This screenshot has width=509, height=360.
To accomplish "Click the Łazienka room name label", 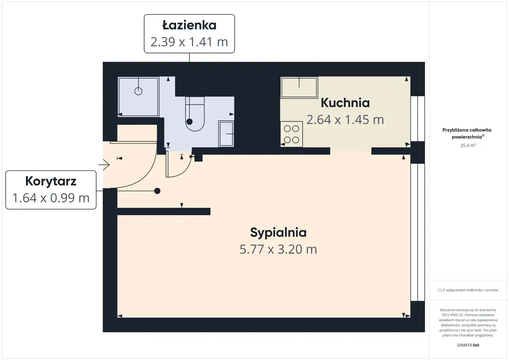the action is (189, 25).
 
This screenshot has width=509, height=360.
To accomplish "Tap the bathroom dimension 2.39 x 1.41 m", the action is (189, 42).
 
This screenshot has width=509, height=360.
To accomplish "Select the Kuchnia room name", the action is (345, 103).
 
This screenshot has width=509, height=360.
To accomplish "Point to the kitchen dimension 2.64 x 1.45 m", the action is (345, 120).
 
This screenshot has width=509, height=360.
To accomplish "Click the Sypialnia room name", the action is (278, 232).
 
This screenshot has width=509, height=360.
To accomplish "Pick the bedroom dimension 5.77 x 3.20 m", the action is (278, 249).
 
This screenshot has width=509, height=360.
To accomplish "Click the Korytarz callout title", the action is (51, 181).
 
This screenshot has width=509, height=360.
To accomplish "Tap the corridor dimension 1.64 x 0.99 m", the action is (51, 198).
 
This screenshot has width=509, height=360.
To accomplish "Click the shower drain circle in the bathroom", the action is (138, 91).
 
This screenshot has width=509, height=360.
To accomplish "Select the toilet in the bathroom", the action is (195, 114).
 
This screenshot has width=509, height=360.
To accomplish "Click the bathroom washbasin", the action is (226, 134).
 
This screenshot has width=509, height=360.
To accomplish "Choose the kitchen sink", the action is (299, 87).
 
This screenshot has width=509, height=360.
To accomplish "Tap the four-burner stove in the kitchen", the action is (291, 134).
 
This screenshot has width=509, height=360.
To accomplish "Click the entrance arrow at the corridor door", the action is (104, 165).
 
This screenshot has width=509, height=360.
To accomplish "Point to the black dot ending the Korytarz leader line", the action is (157, 191).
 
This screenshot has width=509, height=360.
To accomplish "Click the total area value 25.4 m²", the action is (468, 145).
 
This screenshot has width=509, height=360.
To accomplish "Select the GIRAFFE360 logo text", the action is (468, 345).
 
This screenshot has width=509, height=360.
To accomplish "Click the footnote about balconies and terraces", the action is (468, 290).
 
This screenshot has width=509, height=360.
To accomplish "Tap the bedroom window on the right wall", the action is (418, 232).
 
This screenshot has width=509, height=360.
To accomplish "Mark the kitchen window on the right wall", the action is (418, 119).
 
